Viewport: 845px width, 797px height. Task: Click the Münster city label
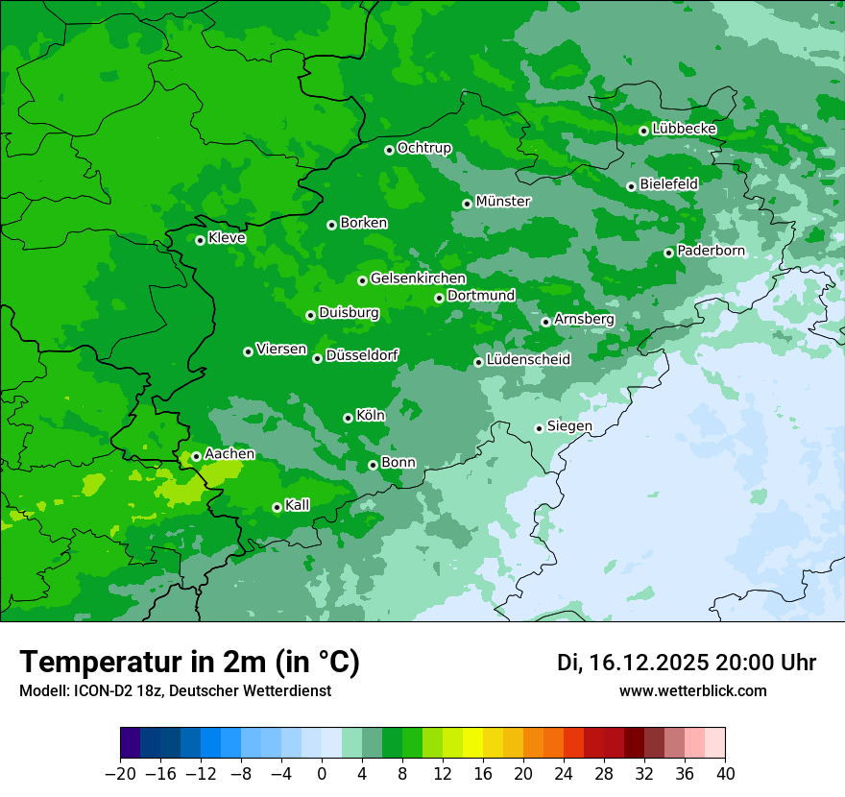click(x=503, y=202)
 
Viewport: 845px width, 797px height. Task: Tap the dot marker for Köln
click(x=348, y=418)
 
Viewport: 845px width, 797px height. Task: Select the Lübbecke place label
click(x=684, y=129)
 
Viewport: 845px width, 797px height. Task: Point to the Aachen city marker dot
click(x=196, y=456)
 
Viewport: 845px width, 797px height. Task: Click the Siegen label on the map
click(x=569, y=426)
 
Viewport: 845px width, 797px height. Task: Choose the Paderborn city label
click(x=711, y=251)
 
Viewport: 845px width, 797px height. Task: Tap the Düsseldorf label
click(x=362, y=355)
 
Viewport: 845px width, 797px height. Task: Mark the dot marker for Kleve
click(x=200, y=240)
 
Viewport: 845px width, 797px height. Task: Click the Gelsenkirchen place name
click(x=418, y=278)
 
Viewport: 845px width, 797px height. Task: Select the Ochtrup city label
click(x=423, y=148)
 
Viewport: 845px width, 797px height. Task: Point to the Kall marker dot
click(x=277, y=507)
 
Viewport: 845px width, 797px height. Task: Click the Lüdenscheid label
click(x=528, y=360)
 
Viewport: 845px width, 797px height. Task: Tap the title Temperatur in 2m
click(x=189, y=662)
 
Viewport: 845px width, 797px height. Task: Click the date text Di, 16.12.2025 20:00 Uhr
click(x=687, y=663)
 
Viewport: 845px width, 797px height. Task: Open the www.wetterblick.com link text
click(x=692, y=690)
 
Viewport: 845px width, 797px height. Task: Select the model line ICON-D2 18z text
click(x=175, y=690)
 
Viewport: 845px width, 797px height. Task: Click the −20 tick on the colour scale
click(x=120, y=774)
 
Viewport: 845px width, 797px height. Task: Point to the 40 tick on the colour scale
click(x=725, y=774)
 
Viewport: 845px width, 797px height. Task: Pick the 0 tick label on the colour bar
click(x=322, y=774)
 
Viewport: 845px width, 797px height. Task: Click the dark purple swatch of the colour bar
click(x=130, y=743)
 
